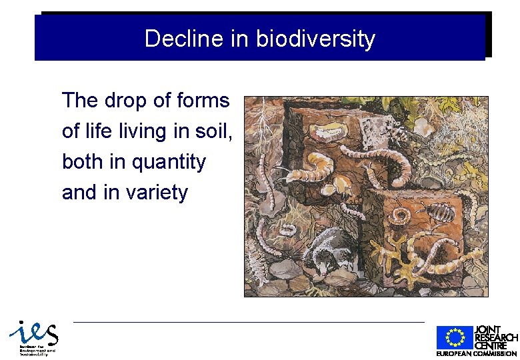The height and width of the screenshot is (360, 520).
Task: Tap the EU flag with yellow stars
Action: tap(454, 338)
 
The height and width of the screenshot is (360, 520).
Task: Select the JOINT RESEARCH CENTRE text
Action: tap(495, 337)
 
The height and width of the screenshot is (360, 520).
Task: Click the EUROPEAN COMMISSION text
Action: tap(476, 353)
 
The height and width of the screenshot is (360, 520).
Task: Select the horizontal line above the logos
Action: tap(248, 322)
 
